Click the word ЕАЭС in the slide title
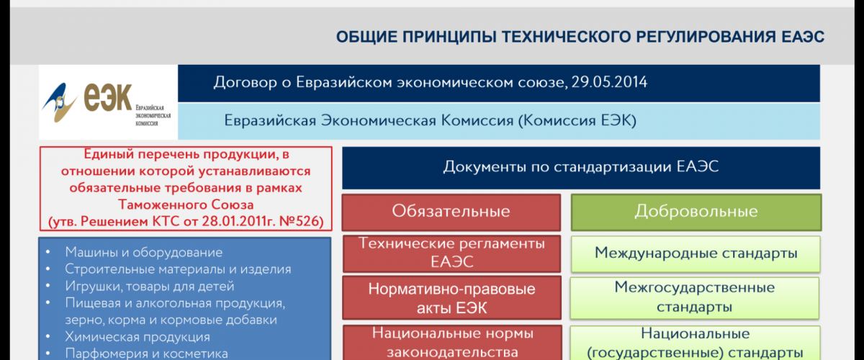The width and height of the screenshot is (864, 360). point(803,37)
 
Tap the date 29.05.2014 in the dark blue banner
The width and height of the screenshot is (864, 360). point(609,82)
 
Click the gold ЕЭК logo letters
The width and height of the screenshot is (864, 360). point(108,98)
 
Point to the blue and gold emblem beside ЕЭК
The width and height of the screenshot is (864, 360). point(59,102)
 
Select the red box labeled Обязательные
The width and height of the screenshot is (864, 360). point(451,212)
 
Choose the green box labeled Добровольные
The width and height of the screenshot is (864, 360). point(696,212)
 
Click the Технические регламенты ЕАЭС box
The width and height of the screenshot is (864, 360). point(451,253)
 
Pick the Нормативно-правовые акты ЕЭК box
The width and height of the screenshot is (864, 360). point(451,297)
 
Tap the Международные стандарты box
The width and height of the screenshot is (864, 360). point(696,254)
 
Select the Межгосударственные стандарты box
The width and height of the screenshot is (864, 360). point(695,298)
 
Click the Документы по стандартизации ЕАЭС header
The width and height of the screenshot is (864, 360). point(581,168)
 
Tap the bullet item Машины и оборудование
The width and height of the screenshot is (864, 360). point(143,252)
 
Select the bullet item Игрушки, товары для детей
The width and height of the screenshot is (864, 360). point(150,287)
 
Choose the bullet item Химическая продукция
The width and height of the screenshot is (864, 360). point(138,337)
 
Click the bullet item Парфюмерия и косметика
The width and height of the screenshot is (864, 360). point(146,354)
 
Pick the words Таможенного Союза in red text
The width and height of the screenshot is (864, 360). point(186,204)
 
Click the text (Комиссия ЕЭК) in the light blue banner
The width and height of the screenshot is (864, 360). point(577,121)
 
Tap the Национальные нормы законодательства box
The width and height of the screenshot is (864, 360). point(452,343)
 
